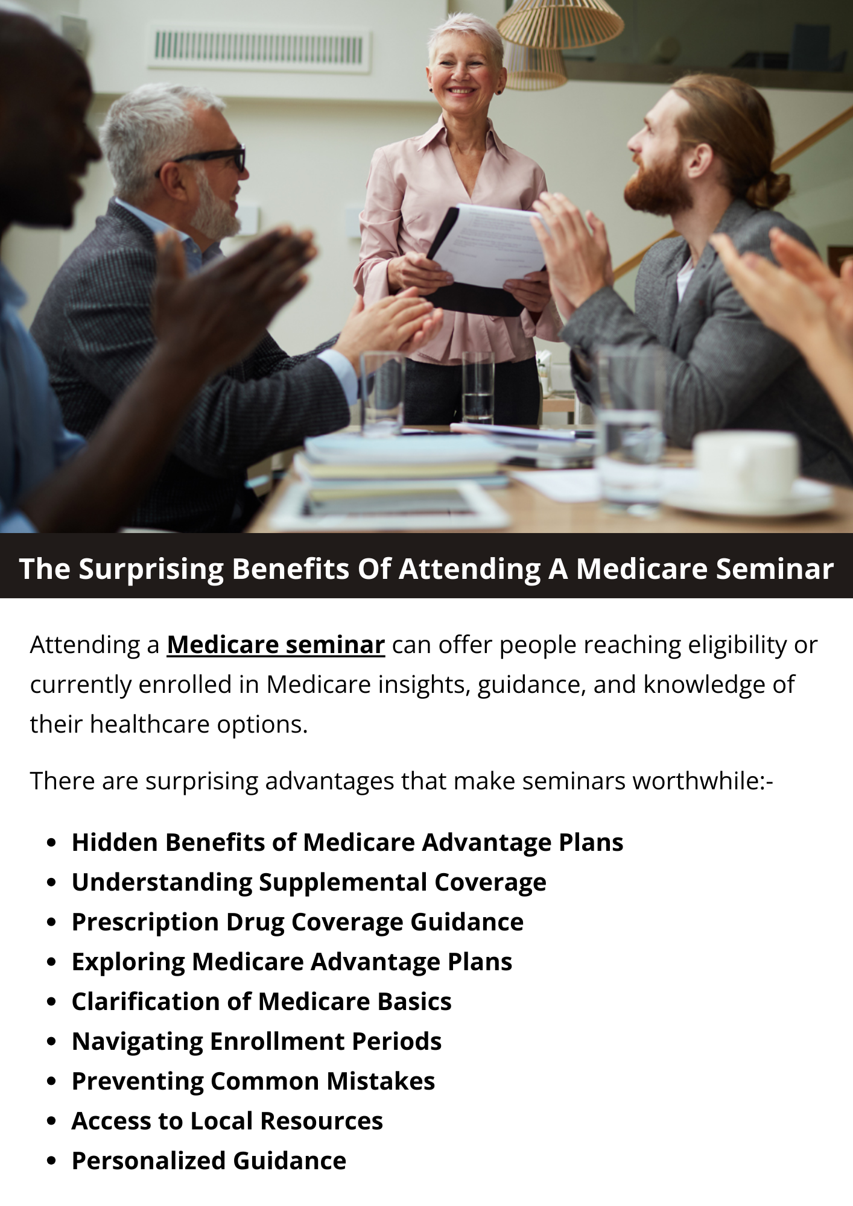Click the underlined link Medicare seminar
click(x=276, y=645)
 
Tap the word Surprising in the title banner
click(x=151, y=569)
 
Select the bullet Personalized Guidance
click(x=209, y=1161)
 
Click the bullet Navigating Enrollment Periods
click(x=256, y=1041)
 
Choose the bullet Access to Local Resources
click(x=227, y=1121)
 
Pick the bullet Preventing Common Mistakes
click(x=253, y=1081)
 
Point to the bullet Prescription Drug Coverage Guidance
click(x=297, y=922)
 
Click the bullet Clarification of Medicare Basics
click(x=262, y=1002)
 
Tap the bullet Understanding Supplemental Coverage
click(x=309, y=882)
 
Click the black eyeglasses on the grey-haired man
click(x=208, y=158)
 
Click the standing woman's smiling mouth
click(x=461, y=90)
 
